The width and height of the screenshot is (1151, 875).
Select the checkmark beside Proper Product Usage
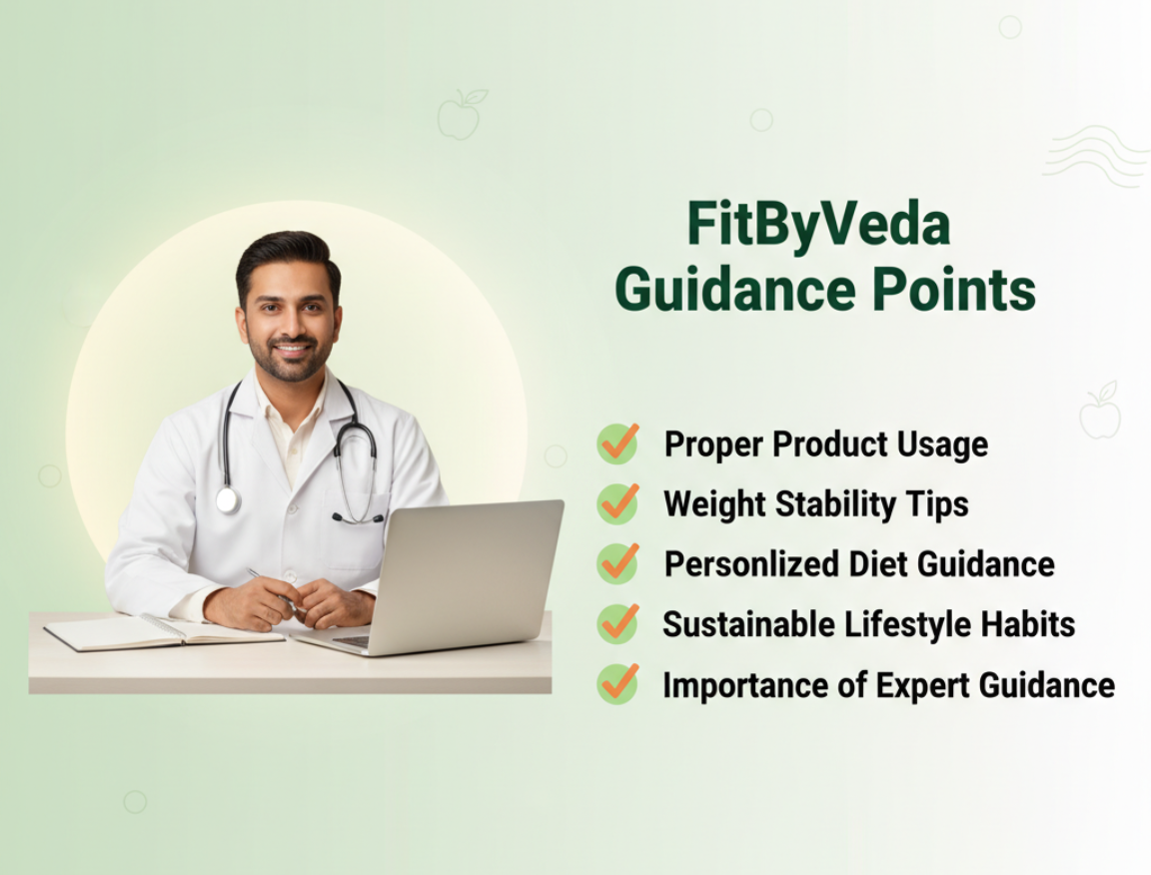[617, 443]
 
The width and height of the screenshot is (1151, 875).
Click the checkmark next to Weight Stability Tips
[617, 503]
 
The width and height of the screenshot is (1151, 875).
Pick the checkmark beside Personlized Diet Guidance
[617, 563]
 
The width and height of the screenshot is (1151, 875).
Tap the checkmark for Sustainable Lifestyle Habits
[617, 624]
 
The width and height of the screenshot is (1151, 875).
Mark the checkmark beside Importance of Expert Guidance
[617, 684]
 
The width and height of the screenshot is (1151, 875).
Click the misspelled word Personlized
[751, 564]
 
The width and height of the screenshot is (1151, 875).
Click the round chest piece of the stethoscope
[228, 500]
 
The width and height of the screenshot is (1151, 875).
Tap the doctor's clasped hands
[301, 602]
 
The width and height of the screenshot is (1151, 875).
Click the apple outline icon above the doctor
[461, 114]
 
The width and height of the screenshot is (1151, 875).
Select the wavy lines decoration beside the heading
[1097, 157]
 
